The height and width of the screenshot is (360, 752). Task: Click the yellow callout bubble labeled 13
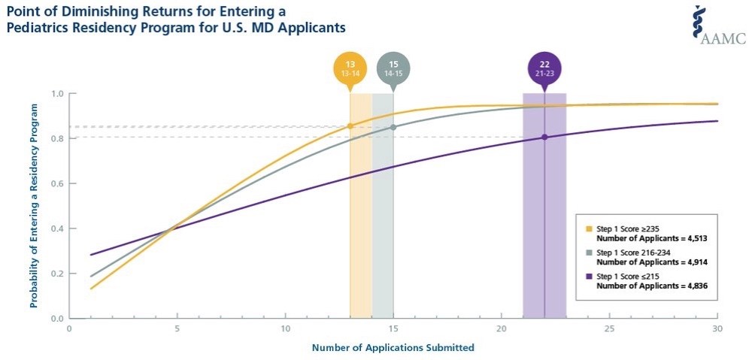click(350, 68)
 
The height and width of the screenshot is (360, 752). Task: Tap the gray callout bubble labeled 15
click(393, 68)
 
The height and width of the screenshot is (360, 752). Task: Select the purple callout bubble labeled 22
click(544, 68)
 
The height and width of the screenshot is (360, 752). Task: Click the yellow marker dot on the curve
click(350, 126)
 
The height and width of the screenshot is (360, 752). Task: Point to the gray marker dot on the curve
click(393, 127)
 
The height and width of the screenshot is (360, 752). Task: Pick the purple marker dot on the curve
click(544, 137)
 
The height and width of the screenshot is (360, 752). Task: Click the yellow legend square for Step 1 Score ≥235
click(590, 228)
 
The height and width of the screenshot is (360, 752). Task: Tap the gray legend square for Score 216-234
click(590, 253)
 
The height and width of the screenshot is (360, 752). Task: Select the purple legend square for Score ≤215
click(590, 277)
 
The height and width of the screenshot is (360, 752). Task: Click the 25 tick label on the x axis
click(609, 328)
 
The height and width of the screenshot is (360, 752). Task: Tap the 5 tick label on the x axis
click(177, 328)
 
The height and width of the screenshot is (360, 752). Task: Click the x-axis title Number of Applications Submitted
click(393, 347)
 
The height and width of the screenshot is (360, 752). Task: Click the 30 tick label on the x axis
click(717, 328)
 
